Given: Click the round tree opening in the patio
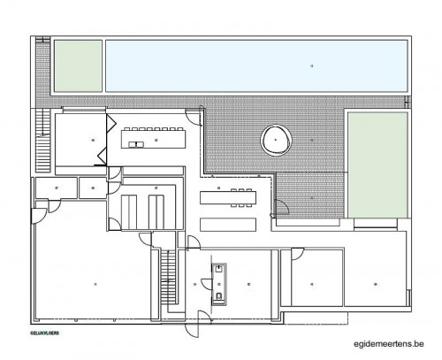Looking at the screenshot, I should pyautogui.click(x=277, y=139).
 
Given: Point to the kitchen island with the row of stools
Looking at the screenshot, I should pyautogui.click(x=155, y=139).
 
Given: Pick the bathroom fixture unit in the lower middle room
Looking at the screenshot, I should pyautogui.click(x=217, y=283).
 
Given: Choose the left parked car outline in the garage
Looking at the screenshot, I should pyautogui.click(x=131, y=211).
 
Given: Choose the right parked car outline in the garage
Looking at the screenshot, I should pyautogui.click(x=159, y=211).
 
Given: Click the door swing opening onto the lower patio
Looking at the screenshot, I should pyautogui.click(x=280, y=211).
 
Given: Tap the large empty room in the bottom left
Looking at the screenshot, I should pyautogui.click(x=93, y=283).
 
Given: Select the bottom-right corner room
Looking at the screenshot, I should pyautogui.click(x=375, y=283).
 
